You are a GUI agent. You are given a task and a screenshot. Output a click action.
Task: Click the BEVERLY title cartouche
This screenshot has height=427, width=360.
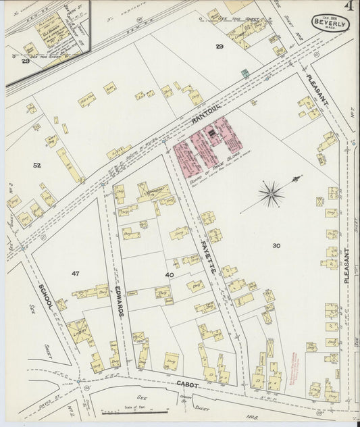click(330, 24)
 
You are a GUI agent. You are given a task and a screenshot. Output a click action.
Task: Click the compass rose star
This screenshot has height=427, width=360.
click(271, 195)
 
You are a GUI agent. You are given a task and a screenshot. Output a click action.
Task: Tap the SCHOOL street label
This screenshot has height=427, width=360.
click(47, 295)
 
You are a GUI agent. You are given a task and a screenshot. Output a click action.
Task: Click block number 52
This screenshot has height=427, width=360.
click(36, 164)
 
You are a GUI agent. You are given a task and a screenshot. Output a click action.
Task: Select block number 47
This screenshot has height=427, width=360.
click(75, 273)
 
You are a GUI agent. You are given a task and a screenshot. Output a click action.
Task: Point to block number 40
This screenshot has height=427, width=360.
click(169, 274)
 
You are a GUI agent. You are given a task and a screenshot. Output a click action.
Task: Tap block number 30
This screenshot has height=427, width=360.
click(276, 245)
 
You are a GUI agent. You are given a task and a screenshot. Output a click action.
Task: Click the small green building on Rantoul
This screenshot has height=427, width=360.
click(245, 72)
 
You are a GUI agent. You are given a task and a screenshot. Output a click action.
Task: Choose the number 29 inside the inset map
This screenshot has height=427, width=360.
click(25, 61)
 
